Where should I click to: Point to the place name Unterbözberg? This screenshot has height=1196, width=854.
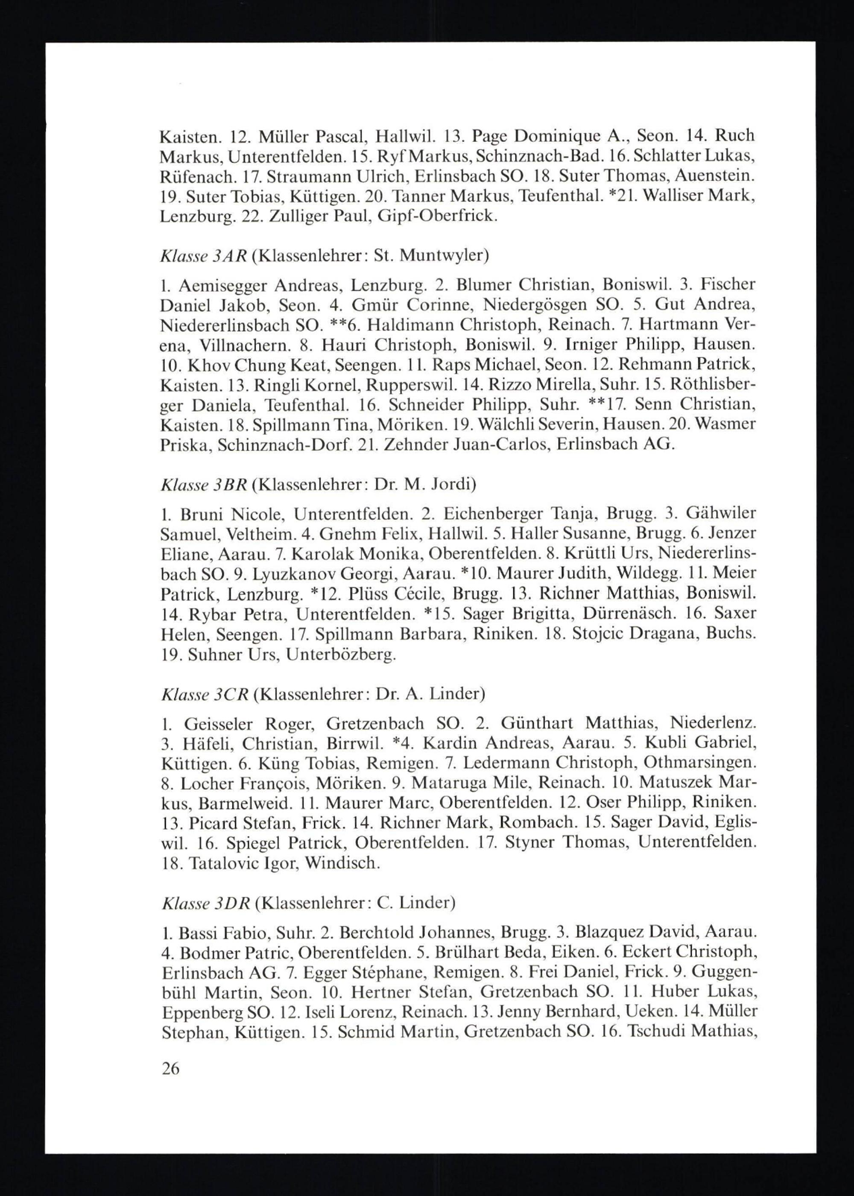[341, 655]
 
